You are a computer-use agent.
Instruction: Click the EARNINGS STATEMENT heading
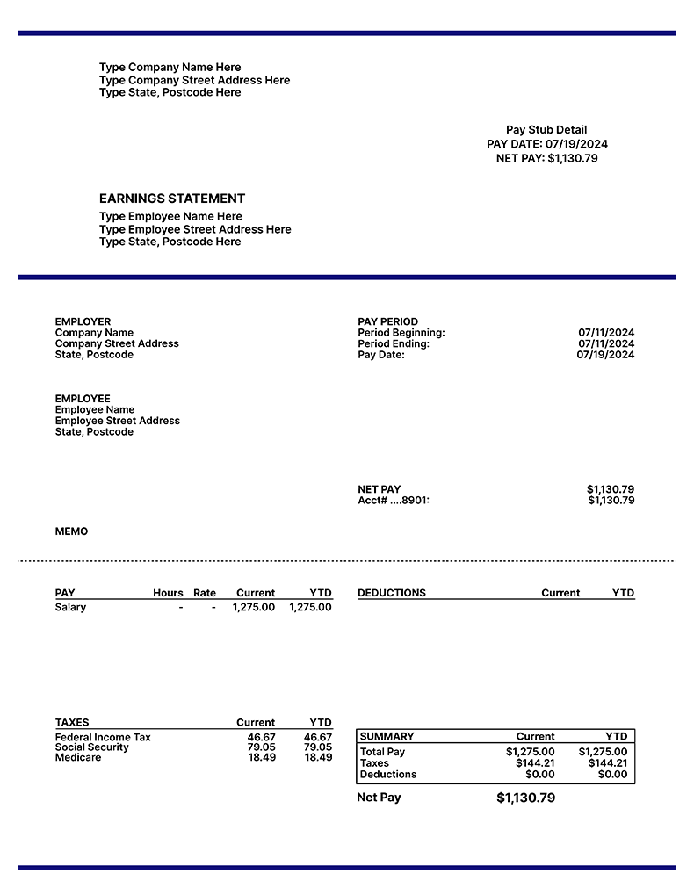click(x=172, y=199)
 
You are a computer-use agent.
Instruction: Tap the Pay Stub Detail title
click(x=546, y=130)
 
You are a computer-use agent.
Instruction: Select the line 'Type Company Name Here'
click(x=170, y=68)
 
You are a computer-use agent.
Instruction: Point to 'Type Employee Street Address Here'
click(x=195, y=229)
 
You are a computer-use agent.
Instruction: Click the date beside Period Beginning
click(x=605, y=333)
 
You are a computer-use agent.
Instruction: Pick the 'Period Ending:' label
click(x=394, y=344)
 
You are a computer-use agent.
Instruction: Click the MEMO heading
click(x=71, y=531)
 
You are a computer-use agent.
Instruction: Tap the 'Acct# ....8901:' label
click(x=394, y=501)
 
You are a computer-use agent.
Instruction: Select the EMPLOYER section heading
click(x=83, y=321)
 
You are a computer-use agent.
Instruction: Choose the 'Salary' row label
click(x=70, y=607)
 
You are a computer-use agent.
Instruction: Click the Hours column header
click(x=168, y=593)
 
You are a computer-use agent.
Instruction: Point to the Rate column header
click(x=205, y=593)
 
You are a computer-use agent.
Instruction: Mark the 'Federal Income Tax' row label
click(x=103, y=737)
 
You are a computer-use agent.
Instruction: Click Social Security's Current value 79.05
click(x=261, y=747)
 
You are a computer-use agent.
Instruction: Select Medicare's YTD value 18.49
click(x=318, y=757)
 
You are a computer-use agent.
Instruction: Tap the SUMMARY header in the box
click(x=387, y=736)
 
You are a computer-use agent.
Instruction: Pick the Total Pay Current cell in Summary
click(x=530, y=752)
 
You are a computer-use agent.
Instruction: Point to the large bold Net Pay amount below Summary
click(x=525, y=798)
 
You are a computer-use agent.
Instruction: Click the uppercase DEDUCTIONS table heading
click(x=392, y=593)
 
